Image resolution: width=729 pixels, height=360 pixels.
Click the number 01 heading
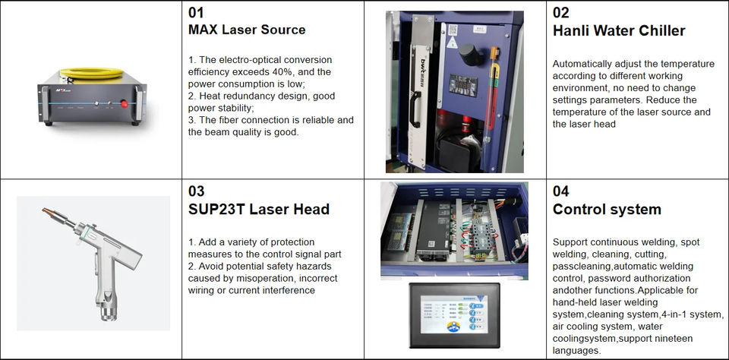(x=196, y=13)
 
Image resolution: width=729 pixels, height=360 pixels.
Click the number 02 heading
(x=560, y=13)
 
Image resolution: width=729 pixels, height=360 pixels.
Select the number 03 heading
(x=196, y=191)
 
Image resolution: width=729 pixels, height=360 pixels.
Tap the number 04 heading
(x=560, y=191)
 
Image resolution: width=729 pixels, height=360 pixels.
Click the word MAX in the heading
(x=203, y=30)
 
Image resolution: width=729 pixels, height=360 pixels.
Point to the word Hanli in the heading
(x=570, y=30)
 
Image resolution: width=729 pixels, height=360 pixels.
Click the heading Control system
(x=607, y=210)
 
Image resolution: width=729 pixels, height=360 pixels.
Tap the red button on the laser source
(x=124, y=104)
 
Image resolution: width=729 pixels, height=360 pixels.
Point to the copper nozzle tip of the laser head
(x=48, y=212)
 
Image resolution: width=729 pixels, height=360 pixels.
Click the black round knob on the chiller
(x=471, y=54)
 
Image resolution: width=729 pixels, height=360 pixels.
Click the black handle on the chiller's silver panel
(x=415, y=109)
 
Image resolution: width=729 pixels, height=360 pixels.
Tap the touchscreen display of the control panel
(x=453, y=316)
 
